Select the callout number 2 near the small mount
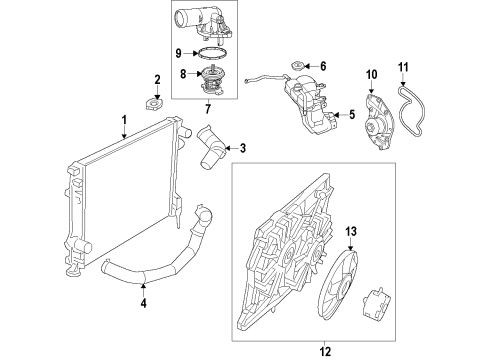tap(157, 79)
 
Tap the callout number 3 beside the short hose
tap(242, 149)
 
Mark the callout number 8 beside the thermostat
tap(181, 73)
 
